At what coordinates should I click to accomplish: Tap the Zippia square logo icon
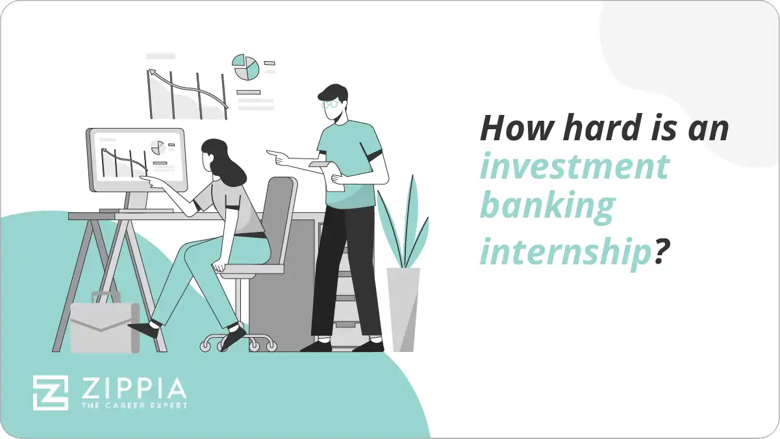51,392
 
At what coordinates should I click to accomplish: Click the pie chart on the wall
246,68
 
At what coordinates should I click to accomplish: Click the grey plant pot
403,308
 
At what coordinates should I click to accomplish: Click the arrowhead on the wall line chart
153,73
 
